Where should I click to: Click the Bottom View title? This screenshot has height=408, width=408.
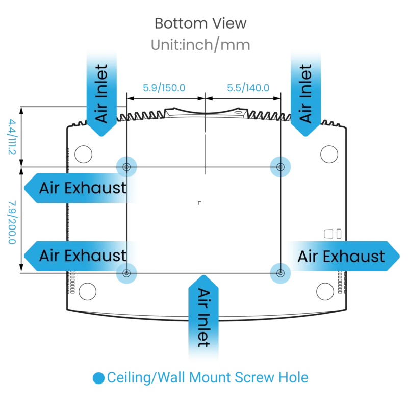coord(200,23)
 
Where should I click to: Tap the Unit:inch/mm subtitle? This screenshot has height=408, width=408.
coord(200,45)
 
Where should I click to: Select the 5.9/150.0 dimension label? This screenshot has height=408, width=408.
coord(164,88)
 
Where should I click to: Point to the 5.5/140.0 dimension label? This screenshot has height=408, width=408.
coord(248,88)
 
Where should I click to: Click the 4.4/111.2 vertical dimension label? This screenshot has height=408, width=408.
coord(12,137)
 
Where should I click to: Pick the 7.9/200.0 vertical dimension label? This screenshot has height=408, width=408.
coord(12,222)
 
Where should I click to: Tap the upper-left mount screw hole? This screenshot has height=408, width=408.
coord(126,167)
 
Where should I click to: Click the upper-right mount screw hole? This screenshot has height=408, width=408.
coord(280,167)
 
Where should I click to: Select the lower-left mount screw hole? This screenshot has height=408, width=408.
coord(126,273)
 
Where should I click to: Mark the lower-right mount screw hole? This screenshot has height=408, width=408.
coord(280,273)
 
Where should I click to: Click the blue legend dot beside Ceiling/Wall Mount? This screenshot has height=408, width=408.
coord(98,378)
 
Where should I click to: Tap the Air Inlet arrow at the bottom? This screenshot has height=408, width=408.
coord(203,317)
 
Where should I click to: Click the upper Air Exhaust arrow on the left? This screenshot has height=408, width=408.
coord(81,188)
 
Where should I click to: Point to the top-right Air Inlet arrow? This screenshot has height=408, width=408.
coord(305,94)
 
